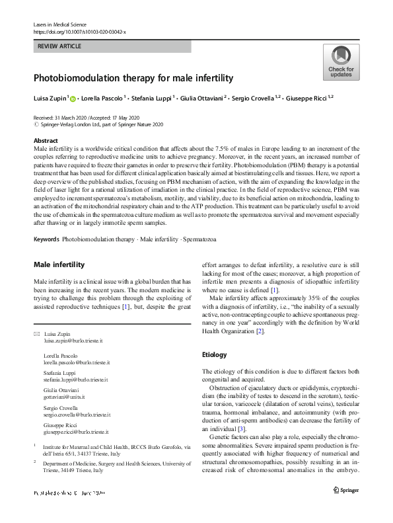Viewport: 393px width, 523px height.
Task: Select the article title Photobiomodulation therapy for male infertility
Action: coord(133,78)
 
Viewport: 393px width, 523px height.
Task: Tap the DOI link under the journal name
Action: coord(80,31)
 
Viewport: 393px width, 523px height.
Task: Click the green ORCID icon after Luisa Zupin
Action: coord(73,99)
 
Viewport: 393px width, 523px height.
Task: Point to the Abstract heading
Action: coord(47,141)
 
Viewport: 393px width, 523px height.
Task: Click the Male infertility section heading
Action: coord(59,265)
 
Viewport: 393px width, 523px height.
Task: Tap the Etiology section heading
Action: coord(215,355)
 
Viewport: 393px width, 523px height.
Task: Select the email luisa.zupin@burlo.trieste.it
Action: coord(73,341)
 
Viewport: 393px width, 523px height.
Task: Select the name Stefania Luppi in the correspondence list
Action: coord(59,374)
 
